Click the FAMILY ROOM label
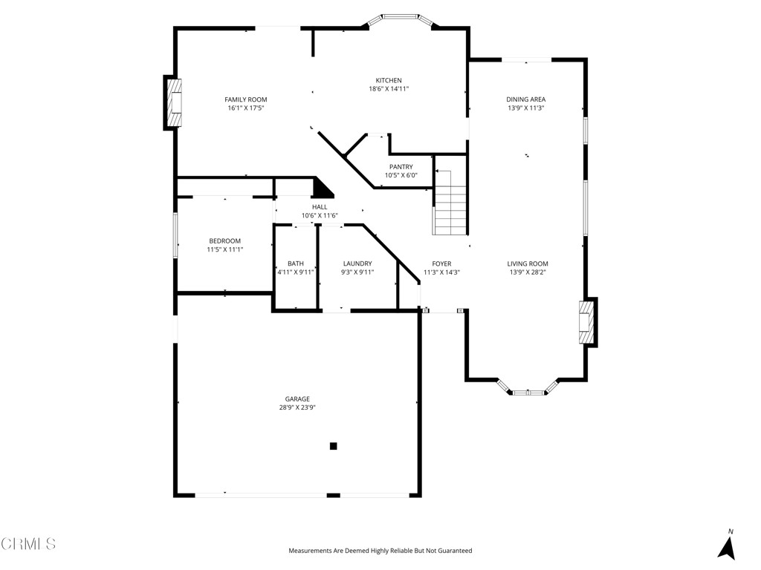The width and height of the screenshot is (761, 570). click(246, 99)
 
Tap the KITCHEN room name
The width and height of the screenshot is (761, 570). click(388, 80)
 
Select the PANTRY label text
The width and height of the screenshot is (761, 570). click(401, 167)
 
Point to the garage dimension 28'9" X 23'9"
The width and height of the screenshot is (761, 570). click(297, 407)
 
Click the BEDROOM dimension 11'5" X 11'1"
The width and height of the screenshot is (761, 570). click(224, 250)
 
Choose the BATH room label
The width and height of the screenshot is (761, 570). click(295, 263)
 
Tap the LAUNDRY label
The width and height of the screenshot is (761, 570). click(357, 263)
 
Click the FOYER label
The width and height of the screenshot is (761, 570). click(441, 263)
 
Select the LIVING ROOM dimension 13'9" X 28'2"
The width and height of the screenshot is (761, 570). click(528, 272)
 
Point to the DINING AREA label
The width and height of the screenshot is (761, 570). click(526, 99)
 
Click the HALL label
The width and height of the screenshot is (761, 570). click(320, 207)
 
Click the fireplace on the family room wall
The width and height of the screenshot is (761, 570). click(174, 102)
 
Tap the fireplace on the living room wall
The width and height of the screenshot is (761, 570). click(587, 321)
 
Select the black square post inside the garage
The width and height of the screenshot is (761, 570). click(334, 446)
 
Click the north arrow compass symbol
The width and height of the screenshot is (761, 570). click(727, 546)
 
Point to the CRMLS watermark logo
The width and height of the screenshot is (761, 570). click(28, 544)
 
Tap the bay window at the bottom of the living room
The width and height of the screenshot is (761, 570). click(527, 389)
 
